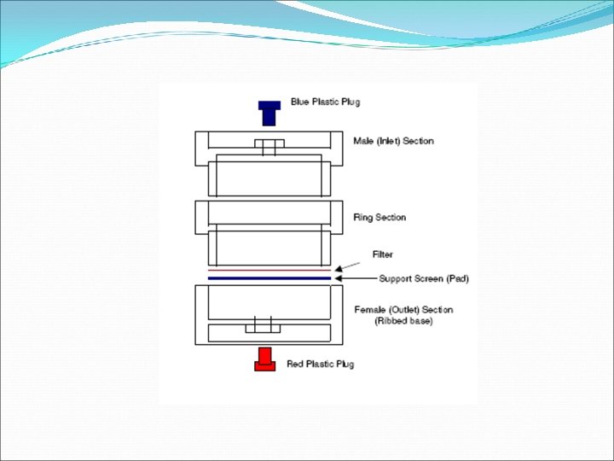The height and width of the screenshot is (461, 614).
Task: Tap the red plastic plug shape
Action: point(264,359)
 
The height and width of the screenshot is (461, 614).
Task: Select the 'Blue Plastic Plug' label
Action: point(325,102)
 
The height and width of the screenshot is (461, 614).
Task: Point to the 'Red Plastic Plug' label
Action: point(320,365)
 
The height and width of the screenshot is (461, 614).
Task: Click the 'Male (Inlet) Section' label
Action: point(393,141)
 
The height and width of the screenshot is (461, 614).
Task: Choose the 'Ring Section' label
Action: point(379,218)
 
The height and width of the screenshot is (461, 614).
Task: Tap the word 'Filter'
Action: point(383,254)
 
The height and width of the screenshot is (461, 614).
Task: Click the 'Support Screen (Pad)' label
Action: point(425,279)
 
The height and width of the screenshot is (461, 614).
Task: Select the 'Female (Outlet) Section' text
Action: point(403,309)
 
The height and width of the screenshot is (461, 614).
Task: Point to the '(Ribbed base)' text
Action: point(403,321)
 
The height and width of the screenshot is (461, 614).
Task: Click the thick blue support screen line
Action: point(269,278)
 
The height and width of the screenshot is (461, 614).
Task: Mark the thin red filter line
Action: point(269,270)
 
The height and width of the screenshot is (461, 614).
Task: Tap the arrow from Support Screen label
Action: point(355,278)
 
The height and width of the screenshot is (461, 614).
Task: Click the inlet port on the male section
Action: point(269,147)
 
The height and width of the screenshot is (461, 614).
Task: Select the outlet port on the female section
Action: point(263,325)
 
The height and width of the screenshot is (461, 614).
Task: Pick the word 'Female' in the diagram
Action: point(369,309)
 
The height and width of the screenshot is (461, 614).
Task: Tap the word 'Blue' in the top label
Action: point(299,102)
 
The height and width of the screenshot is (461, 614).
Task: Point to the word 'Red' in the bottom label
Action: point(295,365)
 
